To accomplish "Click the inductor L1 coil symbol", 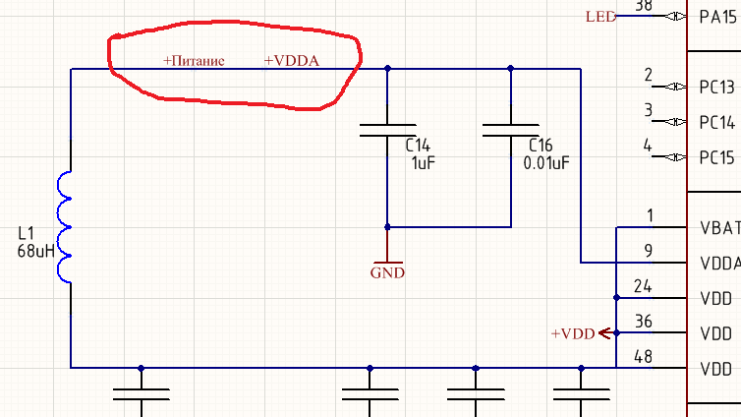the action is [64, 227].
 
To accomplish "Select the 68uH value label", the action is [36, 251].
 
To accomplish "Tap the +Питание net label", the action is [194, 61].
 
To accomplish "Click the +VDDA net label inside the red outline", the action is [292, 61].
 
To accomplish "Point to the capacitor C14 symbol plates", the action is [387, 131].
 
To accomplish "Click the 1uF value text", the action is [423, 163].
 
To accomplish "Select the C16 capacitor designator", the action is [541, 146].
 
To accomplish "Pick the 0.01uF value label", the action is [546, 163].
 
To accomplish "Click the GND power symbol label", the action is [387, 272].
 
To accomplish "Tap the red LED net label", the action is [601, 17].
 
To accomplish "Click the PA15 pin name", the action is [717, 17].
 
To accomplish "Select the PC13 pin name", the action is [716, 87].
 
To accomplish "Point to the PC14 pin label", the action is [716, 123].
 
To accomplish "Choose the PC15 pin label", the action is [716, 157].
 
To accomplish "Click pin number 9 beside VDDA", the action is [649, 251].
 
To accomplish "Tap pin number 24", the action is [643, 286].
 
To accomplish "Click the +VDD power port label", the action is [573, 333].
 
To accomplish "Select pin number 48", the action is [643, 356].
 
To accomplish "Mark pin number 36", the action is [643, 322].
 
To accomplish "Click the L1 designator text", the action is [26, 233].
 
